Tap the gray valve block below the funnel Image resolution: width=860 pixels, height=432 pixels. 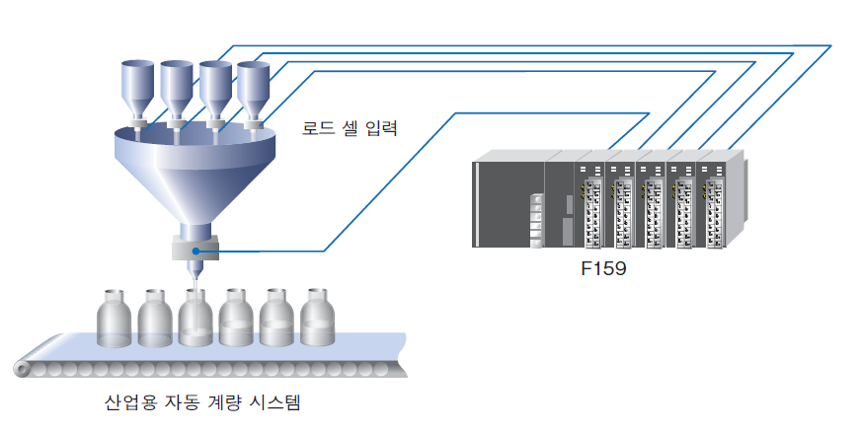coord(195,248)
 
